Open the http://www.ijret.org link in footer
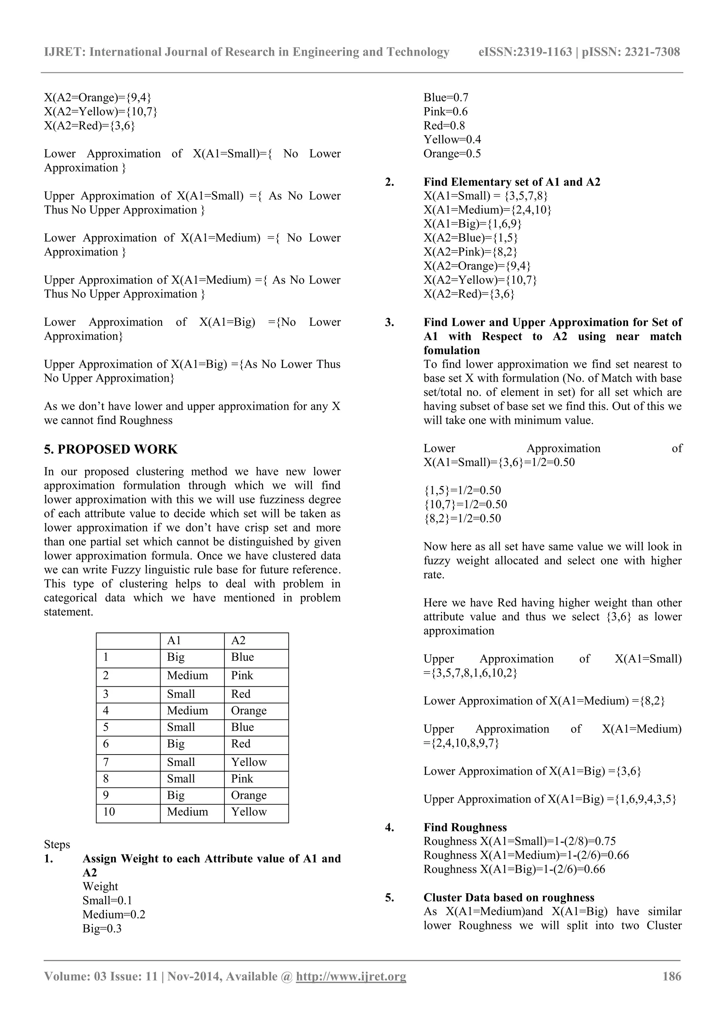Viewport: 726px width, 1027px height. coord(351,977)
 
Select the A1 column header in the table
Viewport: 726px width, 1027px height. coord(174,641)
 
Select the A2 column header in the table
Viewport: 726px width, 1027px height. coord(238,641)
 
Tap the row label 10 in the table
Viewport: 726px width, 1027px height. coord(109,812)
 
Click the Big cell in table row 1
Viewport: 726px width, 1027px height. coord(176,657)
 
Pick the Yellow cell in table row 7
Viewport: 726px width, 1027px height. coord(248,762)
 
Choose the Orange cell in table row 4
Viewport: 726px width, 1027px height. coord(248,711)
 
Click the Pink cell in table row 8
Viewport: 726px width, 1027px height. coord(242,779)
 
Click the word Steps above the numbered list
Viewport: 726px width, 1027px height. coord(57,845)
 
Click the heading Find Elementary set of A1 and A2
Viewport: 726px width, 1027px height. coord(512,182)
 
